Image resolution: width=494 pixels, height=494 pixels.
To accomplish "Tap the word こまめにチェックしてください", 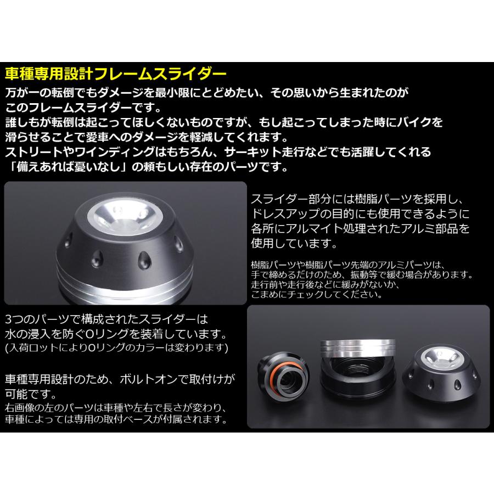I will pos(316,294).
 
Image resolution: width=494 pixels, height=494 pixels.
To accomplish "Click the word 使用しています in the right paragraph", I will pos(291,242).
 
